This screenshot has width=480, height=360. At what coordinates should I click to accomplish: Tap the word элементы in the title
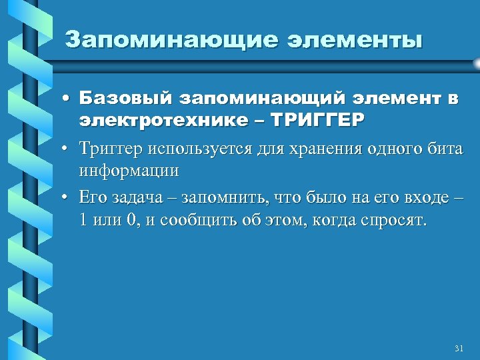click(354, 39)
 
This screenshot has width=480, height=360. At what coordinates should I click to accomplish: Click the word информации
click(129, 170)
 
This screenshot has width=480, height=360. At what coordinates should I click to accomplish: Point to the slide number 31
click(458, 349)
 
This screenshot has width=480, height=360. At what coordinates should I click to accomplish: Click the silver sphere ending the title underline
click(477, 63)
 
